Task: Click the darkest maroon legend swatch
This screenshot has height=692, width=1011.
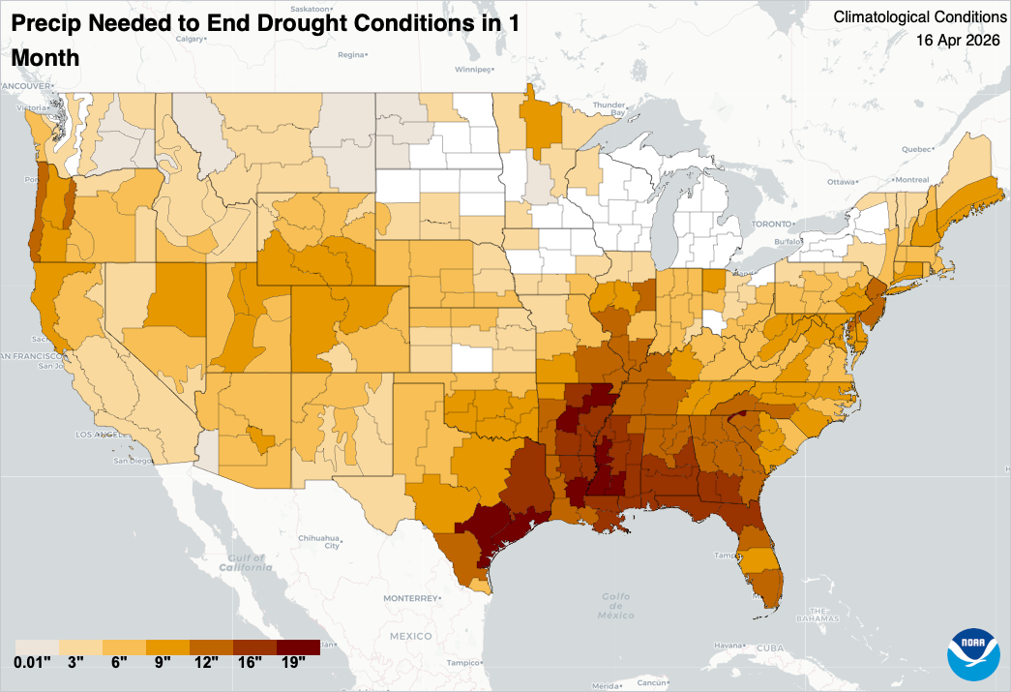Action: (298, 647)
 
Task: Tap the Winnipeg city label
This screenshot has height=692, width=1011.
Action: (473, 71)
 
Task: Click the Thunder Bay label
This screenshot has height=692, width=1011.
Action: (610, 108)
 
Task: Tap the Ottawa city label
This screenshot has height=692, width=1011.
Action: (844, 182)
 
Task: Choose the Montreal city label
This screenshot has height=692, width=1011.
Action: (911, 180)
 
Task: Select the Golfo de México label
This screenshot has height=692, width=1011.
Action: (616, 605)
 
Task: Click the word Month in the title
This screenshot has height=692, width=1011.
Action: (45, 58)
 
